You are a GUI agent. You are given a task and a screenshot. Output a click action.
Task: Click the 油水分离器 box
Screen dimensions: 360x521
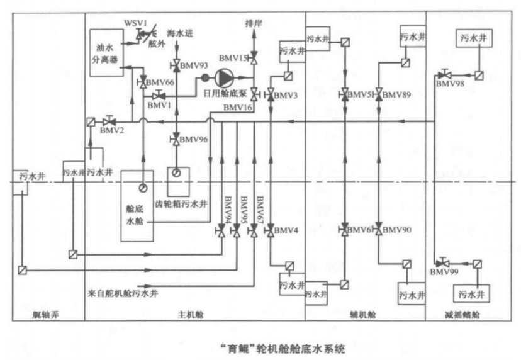106,53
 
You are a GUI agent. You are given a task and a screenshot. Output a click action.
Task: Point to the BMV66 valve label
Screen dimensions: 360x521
160,83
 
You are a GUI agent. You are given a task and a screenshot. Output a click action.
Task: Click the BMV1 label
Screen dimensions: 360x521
160,106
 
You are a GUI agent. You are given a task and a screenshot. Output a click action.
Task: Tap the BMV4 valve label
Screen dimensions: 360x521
285,231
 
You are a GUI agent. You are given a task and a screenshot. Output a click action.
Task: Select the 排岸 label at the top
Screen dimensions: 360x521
253,23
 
